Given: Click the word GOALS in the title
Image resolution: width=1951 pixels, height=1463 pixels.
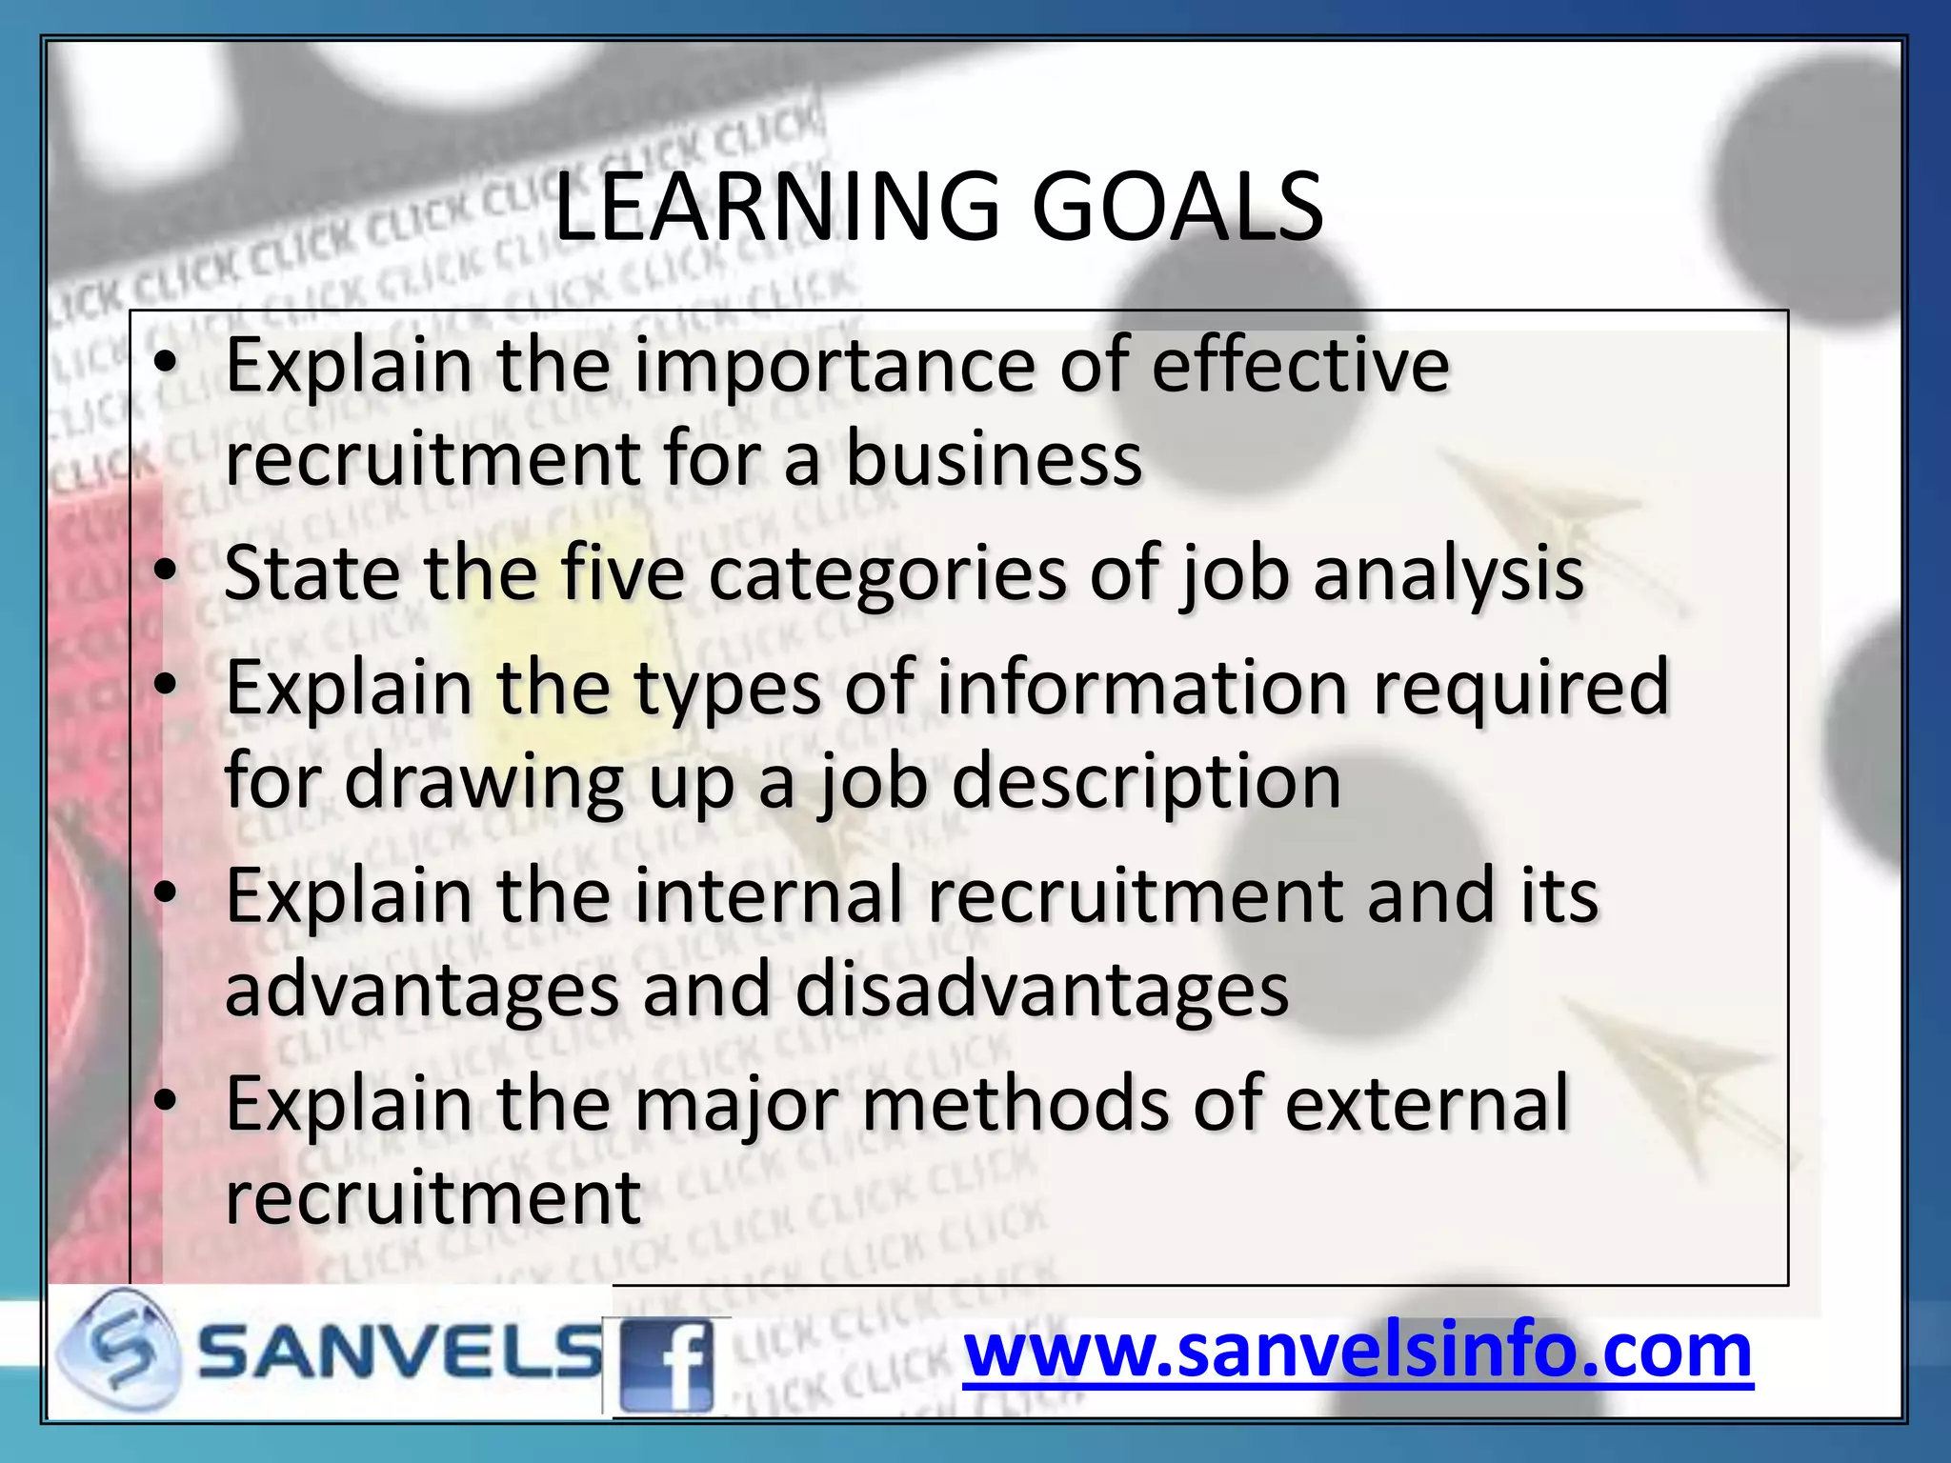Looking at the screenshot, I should tap(1177, 207).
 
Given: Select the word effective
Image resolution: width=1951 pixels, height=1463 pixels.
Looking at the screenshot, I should tap(1300, 366).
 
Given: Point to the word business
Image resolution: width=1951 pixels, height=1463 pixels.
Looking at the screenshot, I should tap(994, 459).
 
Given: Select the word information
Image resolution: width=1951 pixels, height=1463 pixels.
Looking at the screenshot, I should tap(1142, 688).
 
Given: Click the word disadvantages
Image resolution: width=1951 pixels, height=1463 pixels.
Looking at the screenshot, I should tap(1041, 991).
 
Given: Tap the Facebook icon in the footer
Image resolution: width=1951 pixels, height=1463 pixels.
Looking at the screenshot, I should tap(666, 1364).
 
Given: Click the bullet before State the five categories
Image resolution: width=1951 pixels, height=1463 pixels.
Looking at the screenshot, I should tap(167, 571).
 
